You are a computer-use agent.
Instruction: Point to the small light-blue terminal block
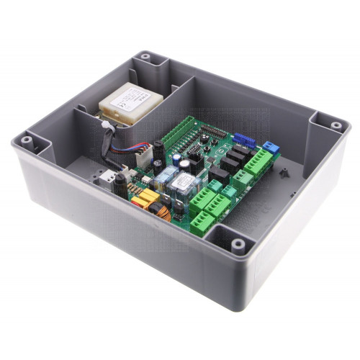pyautogui.click(x=271, y=146)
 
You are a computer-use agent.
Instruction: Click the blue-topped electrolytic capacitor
pyautogui.click(x=186, y=164)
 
